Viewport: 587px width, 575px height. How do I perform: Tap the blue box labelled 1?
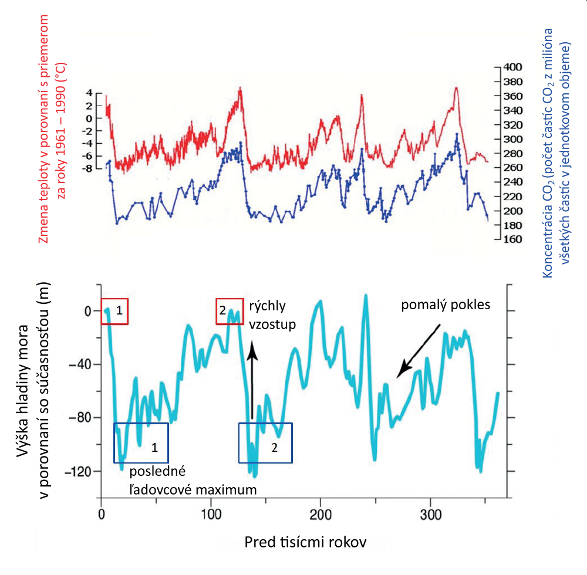(141, 442)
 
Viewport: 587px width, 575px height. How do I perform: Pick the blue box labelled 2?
(265, 442)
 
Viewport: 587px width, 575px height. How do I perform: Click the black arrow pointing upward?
(252, 381)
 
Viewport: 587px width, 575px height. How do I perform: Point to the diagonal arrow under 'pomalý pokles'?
(418, 351)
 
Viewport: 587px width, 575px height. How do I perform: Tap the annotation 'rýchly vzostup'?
(271, 314)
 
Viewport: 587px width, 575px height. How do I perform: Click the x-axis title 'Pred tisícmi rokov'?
(305, 542)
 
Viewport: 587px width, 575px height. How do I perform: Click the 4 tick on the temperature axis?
(90, 93)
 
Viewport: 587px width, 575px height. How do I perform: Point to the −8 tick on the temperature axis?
(88, 168)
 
